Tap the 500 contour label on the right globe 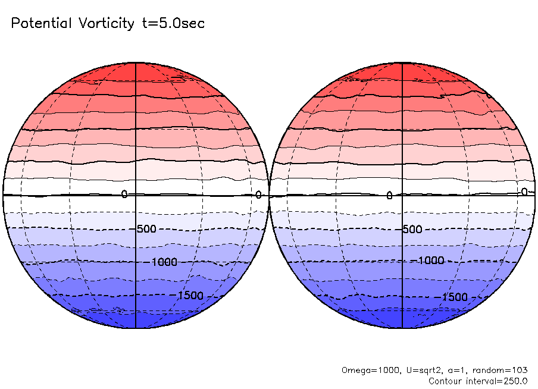412,230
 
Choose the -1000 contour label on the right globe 430,261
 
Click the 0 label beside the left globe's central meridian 124,194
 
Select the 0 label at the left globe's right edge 258,194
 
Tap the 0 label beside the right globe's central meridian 389,195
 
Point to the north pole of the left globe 136,62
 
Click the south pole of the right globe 403,328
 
